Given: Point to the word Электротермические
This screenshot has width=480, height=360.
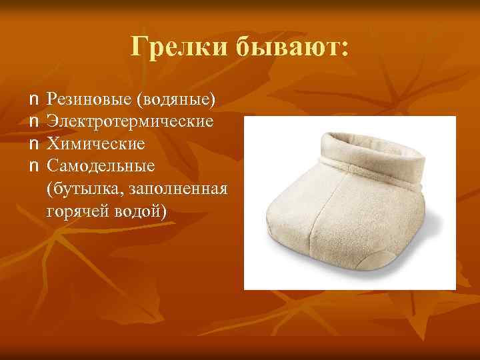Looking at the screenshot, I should click(130, 122).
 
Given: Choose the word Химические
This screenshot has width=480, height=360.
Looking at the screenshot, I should click(96, 144).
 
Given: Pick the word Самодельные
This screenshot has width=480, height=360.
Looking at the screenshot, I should click(101, 165).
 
